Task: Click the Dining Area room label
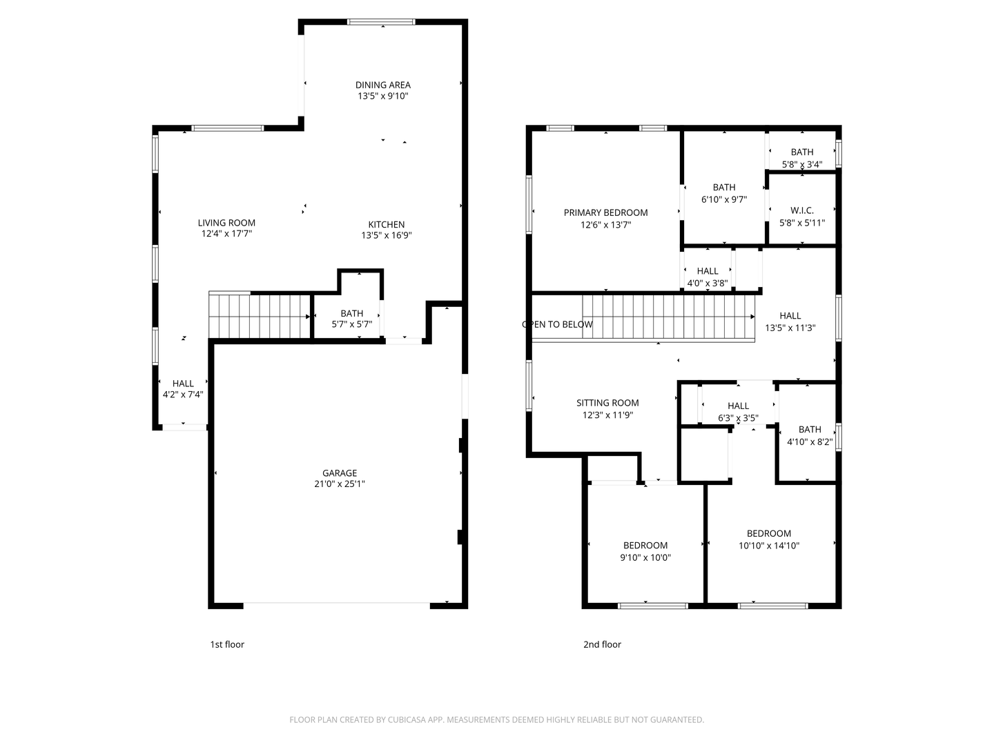pos(382,85)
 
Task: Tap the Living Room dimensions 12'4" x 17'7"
pos(226,234)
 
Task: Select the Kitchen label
pos(386,224)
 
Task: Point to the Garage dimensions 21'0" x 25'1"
pos(339,484)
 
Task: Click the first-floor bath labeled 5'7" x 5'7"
pos(351,318)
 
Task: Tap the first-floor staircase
pos(260,316)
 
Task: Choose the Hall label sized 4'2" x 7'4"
pos(183,388)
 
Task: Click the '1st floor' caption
pos(227,644)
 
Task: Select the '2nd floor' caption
pos(602,644)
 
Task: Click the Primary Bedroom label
pos(605,212)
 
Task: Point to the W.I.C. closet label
pos(801,210)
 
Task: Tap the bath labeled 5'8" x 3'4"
pos(801,158)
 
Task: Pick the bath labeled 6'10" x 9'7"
pos(723,193)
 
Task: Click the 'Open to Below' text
pos(557,324)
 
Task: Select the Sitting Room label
pos(607,403)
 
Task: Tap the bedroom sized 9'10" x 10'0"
pos(645,551)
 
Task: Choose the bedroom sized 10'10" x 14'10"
pos(768,539)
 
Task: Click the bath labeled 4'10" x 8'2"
pos(810,435)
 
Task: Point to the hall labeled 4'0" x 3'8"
pos(707,277)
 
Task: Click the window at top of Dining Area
pos(381,22)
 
